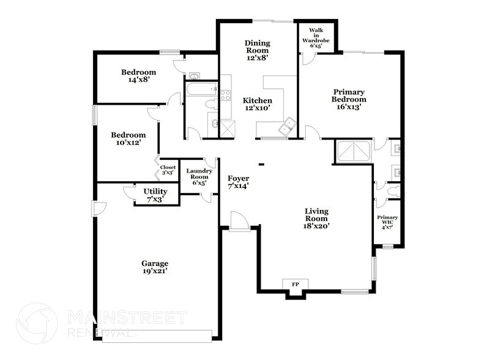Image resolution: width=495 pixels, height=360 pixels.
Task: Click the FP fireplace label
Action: (x=295, y=284)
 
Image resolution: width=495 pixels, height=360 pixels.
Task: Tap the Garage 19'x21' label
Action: (x=155, y=267)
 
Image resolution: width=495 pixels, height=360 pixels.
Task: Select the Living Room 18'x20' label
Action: (x=316, y=218)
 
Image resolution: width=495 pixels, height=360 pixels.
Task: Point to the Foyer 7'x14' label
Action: (x=239, y=182)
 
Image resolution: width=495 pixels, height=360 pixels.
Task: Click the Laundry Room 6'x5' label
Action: (x=199, y=177)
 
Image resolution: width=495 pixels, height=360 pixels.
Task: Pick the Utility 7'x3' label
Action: (x=155, y=195)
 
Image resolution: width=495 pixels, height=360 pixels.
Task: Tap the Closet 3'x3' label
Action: (x=168, y=170)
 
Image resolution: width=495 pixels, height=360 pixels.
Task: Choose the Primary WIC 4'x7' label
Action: (x=387, y=222)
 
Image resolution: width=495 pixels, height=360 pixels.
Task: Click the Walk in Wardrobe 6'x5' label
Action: (x=316, y=38)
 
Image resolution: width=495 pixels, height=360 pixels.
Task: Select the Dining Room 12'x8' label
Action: (x=257, y=50)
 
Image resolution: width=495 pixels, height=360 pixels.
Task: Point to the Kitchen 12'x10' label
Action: (x=257, y=104)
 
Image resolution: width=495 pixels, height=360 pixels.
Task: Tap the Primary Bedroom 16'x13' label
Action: (x=349, y=99)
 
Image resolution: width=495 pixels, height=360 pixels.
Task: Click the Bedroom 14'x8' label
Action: (x=138, y=76)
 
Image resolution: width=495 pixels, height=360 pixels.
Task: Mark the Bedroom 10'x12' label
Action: (x=128, y=138)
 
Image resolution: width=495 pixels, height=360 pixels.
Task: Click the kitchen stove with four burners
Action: (x=225, y=95)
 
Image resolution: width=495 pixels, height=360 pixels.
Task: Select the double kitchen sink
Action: (x=288, y=126)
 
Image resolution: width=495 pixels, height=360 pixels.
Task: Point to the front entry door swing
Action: (x=240, y=222)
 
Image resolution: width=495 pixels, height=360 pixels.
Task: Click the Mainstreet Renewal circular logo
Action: (x=37, y=323)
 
